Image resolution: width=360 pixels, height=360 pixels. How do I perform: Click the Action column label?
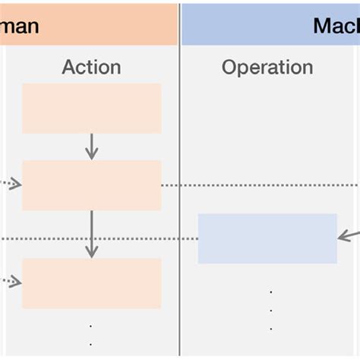(x=91, y=67)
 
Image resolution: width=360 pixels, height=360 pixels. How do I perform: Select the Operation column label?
(x=267, y=67)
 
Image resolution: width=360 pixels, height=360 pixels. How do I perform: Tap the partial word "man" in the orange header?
(x=18, y=27)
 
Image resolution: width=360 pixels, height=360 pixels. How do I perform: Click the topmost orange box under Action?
(x=91, y=109)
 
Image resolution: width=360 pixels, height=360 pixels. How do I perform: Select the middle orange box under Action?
(x=91, y=185)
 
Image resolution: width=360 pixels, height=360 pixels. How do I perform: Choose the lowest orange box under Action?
(x=91, y=283)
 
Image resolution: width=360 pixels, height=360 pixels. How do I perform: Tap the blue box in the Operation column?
(x=267, y=238)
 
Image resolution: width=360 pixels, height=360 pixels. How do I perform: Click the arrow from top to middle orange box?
(x=91, y=147)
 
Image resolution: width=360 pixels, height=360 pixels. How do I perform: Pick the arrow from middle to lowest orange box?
(x=91, y=234)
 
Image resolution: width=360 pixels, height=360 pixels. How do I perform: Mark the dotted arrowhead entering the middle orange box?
(x=16, y=183)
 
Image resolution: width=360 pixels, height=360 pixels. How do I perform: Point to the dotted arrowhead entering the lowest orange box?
(x=16, y=282)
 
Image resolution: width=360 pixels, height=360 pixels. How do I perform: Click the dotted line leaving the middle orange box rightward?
(x=258, y=185)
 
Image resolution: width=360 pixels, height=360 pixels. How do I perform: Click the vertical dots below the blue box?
(x=270, y=310)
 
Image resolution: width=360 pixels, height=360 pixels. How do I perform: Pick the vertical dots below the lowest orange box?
(x=91, y=334)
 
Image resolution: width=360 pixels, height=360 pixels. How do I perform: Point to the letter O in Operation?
(x=229, y=67)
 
